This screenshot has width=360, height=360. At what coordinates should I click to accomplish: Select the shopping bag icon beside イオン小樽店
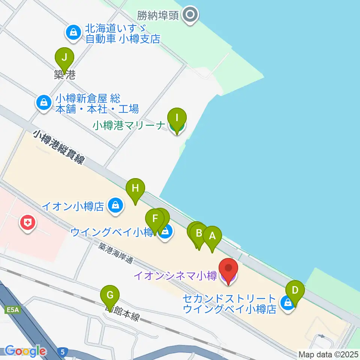(x=115, y=205)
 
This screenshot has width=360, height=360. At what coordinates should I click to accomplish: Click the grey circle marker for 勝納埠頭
(x=190, y=15)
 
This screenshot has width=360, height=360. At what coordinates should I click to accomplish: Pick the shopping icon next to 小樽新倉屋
(x=44, y=102)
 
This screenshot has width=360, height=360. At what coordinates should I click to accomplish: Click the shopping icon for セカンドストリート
(x=288, y=302)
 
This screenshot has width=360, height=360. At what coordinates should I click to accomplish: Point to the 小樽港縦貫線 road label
(x=58, y=147)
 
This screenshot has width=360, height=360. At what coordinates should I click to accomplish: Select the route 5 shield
(x=63, y=352)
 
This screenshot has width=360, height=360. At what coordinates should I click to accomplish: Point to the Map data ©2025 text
(x=328, y=354)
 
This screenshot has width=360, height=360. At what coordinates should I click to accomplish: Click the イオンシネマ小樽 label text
(x=175, y=277)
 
